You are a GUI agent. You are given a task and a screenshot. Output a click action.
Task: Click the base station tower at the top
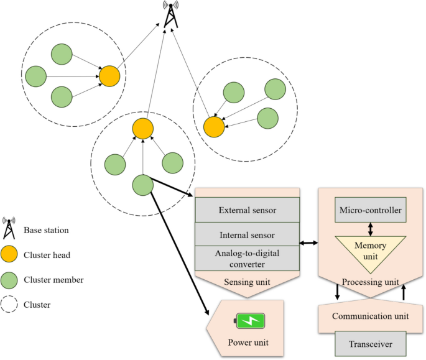point(169,15)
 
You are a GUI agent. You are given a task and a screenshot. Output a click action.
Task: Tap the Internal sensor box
point(248,235)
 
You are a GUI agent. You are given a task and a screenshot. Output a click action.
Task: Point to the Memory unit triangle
point(371,248)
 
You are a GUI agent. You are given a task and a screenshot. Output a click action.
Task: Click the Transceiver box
point(371,343)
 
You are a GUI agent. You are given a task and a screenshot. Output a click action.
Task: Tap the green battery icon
point(250,321)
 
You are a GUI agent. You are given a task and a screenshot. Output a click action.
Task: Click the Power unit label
point(248,341)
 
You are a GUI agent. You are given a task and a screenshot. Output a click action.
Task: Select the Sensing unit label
point(248,282)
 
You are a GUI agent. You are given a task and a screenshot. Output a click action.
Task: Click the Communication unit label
point(371,316)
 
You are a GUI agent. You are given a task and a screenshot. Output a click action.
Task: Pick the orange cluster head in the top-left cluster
point(109,77)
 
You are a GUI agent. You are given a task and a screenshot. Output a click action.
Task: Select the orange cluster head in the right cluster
point(214,127)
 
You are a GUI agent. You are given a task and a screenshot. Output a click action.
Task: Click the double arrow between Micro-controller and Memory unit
point(371,229)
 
